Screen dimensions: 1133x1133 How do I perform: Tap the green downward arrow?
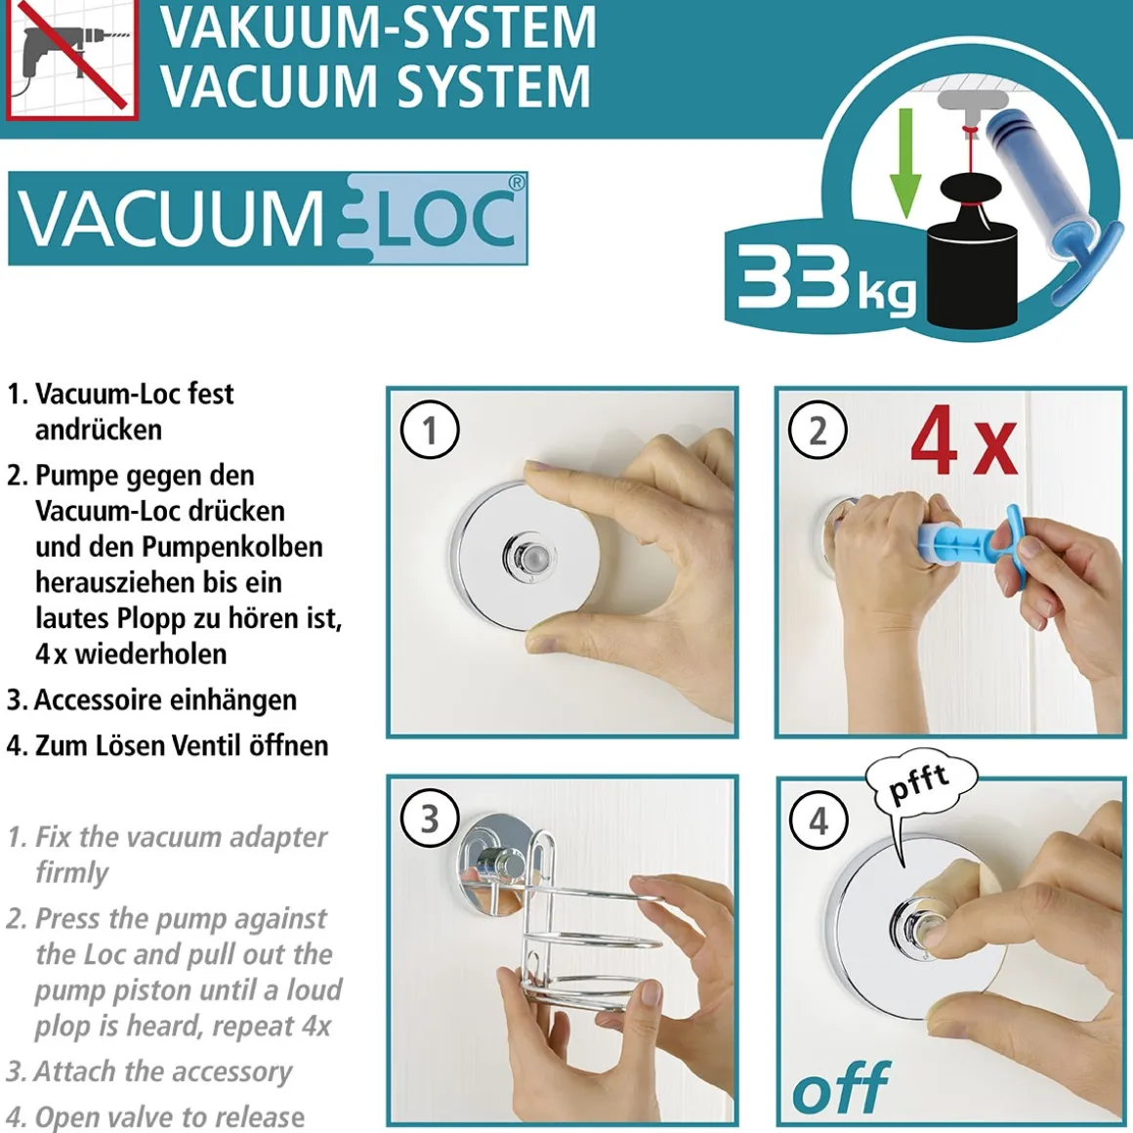[903, 163]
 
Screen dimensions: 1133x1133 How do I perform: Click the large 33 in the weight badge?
[793, 274]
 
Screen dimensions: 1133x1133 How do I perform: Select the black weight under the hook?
[972, 254]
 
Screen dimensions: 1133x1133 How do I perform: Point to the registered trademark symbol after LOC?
[516, 183]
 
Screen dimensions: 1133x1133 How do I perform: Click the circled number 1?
[429, 429]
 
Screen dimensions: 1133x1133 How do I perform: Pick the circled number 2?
[818, 429]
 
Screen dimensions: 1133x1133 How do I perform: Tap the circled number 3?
[429, 818]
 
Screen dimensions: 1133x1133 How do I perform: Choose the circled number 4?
[818, 820]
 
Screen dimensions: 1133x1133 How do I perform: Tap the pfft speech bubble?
[920, 787]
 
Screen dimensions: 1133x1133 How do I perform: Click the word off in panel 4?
[841, 1087]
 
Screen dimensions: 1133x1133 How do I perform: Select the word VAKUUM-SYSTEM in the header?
[378, 27]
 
